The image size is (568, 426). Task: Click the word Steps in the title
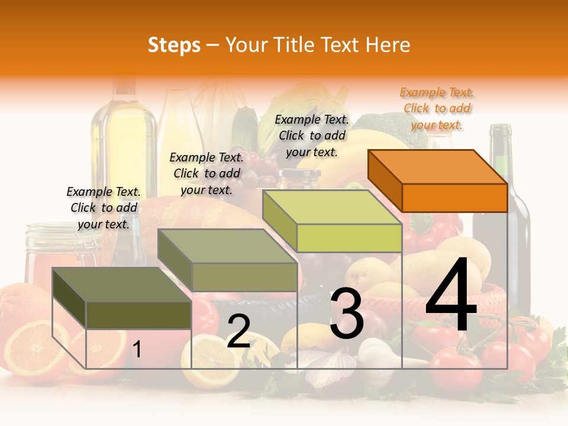pos(174,45)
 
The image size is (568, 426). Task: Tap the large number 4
pos(451,296)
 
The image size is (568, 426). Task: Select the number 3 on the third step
pos(346,314)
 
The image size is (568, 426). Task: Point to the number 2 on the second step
pos(238,331)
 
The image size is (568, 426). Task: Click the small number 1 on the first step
pos(137,350)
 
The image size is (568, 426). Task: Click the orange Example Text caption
pos(437,108)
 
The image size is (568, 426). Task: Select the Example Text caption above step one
pos(104,208)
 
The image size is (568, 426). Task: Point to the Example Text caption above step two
pos(206,173)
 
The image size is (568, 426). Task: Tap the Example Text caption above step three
pos(312,135)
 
